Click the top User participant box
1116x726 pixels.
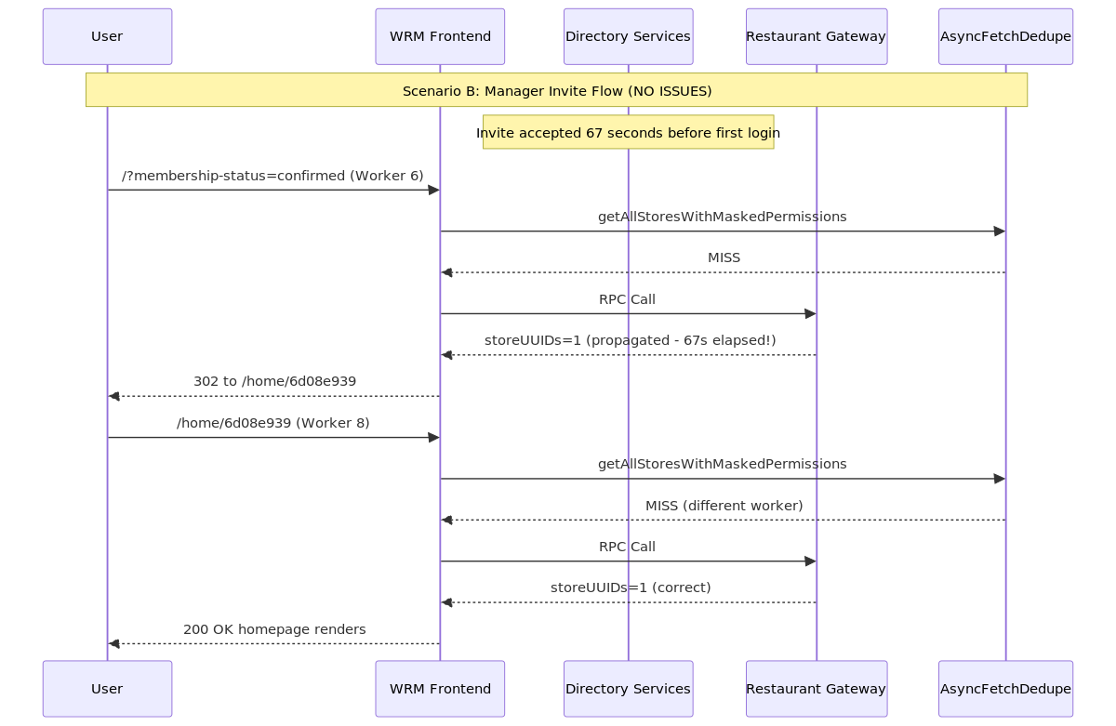click(x=107, y=36)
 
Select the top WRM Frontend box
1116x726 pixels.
click(x=440, y=36)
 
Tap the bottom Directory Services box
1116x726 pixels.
click(x=629, y=689)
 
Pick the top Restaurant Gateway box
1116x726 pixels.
click(x=817, y=36)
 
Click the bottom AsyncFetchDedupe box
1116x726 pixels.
click(x=1005, y=689)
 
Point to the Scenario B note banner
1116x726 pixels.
click(x=556, y=89)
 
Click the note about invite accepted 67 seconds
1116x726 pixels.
click(x=629, y=132)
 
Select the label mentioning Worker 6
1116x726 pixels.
click(x=272, y=176)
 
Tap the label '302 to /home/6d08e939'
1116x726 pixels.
click(x=274, y=381)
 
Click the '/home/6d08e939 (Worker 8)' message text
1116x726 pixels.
click(x=273, y=423)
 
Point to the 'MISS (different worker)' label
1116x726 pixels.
click(x=724, y=506)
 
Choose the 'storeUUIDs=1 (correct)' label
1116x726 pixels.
click(x=631, y=587)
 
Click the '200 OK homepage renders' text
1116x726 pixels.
click(x=274, y=629)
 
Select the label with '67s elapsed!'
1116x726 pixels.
click(x=631, y=340)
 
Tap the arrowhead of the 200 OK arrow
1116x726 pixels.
click(x=113, y=644)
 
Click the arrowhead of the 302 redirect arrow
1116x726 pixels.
click(x=113, y=396)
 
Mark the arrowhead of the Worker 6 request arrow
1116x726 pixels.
click(x=434, y=190)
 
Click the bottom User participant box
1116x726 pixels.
click(x=107, y=689)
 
